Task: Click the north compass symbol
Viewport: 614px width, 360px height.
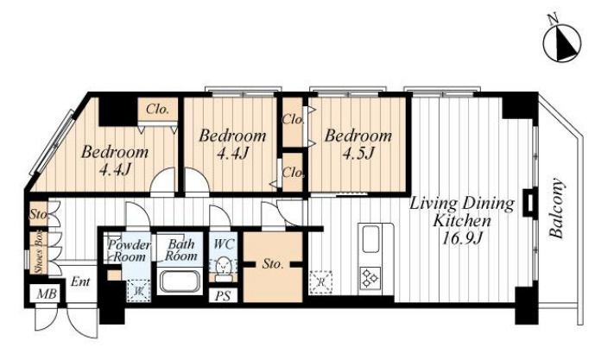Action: tap(563, 43)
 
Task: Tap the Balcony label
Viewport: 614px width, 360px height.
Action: tap(556, 209)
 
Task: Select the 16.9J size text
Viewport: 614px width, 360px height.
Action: tap(462, 237)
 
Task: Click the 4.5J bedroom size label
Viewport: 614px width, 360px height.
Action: tap(358, 154)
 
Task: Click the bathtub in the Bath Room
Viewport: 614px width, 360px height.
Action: tap(180, 281)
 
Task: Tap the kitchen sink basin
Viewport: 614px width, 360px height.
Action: tap(370, 239)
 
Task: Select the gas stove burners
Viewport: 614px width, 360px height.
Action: tap(370, 277)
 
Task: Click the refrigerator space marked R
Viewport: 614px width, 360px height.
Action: tap(321, 282)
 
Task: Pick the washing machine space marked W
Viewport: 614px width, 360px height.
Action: tap(139, 290)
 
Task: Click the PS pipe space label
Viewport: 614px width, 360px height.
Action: tap(223, 296)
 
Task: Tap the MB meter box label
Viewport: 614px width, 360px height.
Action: tap(47, 294)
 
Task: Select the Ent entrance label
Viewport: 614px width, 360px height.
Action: tap(80, 281)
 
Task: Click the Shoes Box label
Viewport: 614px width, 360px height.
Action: tap(40, 254)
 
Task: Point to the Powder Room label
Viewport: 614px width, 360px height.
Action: tap(129, 251)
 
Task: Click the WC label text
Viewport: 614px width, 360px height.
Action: tap(224, 244)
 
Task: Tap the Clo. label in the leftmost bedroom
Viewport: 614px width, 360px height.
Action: tap(157, 109)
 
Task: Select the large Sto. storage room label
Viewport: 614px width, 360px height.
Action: tap(273, 264)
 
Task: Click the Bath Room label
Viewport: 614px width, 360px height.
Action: tap(180, 250)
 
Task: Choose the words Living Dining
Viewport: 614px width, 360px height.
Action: tap(462, 204)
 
